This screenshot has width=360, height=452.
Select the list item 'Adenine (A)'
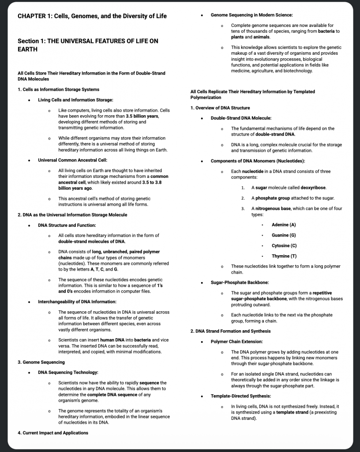[x=284, y=225]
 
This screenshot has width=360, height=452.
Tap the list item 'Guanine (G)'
[x=284, y=235]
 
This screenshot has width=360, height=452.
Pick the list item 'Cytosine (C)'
[x=284, y=245]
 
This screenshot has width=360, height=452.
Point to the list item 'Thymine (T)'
[x=284, y=256]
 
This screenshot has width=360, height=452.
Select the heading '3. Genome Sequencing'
[x=41, y=362]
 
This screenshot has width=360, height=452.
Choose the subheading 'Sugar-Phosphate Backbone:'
[x=240, y=282]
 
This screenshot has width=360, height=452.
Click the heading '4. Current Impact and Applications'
[x=53, y=433]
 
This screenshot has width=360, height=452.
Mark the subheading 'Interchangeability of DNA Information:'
[x=77, y=301]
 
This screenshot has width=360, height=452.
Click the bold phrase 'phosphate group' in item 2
[x=273, y=198]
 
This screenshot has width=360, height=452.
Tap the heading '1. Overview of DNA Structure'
[x=220, y=108]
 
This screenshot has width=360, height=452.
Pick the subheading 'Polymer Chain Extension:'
[x=236, y=342]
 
